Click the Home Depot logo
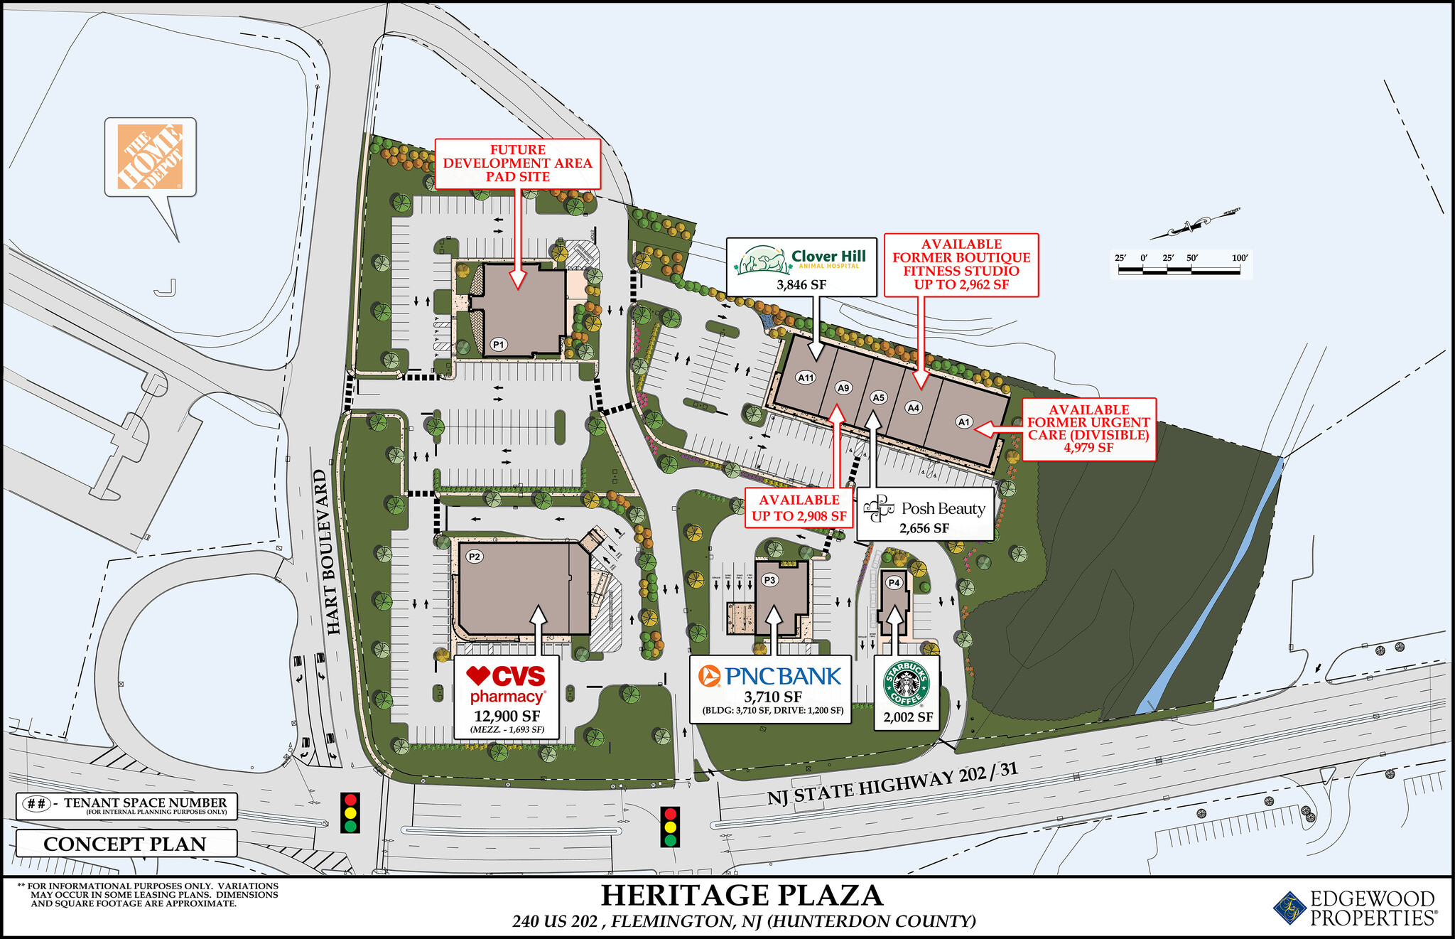coord(150,157)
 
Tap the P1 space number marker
coord(499,345)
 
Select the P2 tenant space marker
coord(475,557)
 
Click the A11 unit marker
coord(806,377)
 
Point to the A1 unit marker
coord(964,422)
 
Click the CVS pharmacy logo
coord(507,685)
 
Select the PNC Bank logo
coord(770,676)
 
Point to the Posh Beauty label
coord(924,509)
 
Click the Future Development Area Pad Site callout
coord(517,163)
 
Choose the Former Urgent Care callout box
coord(1088,429)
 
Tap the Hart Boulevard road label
coord(335,552)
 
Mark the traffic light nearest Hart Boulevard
coord(350,812)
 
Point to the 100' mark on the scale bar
coord(1240,258)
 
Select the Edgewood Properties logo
coord(1355,909)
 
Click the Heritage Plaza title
coord(742,896)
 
